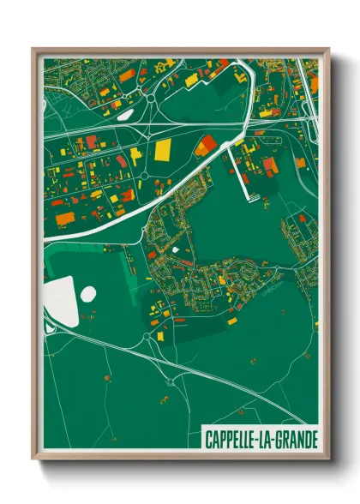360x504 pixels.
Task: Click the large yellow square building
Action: coord(163,150)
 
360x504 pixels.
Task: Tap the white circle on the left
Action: coord(87,294)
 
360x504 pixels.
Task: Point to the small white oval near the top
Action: coord(124,112)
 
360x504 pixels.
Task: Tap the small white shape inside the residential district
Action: coord(177,250)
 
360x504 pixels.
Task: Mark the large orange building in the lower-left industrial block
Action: coord(66,219)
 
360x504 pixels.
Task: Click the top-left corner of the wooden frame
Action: coord(33,50)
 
